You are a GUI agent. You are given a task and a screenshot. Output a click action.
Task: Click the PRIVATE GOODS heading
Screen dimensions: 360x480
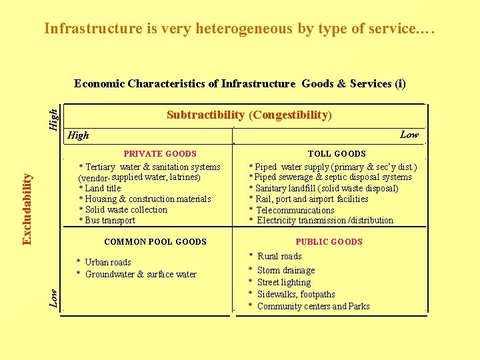tap(160, 154)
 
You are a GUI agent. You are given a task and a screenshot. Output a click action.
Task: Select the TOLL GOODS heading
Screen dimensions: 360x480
tap(337, 154)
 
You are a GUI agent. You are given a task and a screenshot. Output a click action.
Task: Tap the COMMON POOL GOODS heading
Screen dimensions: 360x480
tap(155, 242)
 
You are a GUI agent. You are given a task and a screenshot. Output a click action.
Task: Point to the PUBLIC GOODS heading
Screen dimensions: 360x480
tap(329, 242)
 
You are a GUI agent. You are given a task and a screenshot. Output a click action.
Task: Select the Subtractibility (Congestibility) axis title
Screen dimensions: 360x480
tap(249, 115)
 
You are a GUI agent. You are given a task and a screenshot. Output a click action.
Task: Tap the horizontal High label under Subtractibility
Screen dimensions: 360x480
tap(79, 135)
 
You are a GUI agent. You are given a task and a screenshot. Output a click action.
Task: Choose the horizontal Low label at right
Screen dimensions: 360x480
tap(409, 135)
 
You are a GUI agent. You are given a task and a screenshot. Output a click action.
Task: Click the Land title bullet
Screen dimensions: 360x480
tap(100, 189)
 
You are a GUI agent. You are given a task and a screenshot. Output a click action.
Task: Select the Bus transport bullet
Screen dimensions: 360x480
tap(107, 221)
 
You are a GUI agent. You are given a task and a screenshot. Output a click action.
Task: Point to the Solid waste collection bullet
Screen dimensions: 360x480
tap(123, 210)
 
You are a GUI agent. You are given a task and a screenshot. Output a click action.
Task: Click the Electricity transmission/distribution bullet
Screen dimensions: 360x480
tap(321, 221)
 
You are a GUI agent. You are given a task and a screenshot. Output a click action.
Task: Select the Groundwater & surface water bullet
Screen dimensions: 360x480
tap(137, 275)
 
